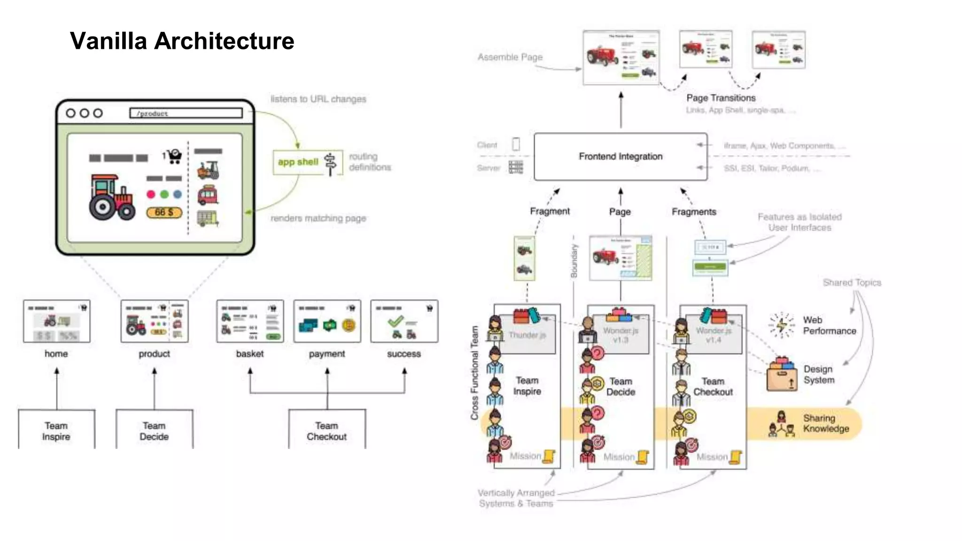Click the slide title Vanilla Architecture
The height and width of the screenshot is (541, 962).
click(x=182, y=41)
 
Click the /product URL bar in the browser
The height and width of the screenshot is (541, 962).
click(x=186, y=113)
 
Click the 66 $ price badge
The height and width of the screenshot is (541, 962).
click(x=164, y=212)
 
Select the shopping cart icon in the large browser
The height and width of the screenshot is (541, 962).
click(x=174, y=156)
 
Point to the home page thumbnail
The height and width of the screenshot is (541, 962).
click(x=56, y=321)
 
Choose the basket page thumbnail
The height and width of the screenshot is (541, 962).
click(x=250, y=321)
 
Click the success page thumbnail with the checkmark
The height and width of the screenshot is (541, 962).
click(x=404, y=321)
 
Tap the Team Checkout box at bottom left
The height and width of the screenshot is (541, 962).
click(x=326, y=430)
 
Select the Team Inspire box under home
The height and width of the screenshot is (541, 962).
click(x=56, y=430)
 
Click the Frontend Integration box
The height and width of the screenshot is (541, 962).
click(x=620, y=156)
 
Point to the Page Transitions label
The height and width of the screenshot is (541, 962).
click(x=721, y=98)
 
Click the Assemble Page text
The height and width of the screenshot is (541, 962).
click(x=510, y=57)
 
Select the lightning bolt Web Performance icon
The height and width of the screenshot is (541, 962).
click(x=781, y=325)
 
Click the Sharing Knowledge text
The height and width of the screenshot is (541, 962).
click(x=825, y=423)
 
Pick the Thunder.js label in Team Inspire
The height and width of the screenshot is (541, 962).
click(x=527, y=335)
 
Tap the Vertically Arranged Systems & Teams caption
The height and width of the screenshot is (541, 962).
click(x=516, y=498)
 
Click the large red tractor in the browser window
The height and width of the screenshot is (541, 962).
click(x=112, y=197)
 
